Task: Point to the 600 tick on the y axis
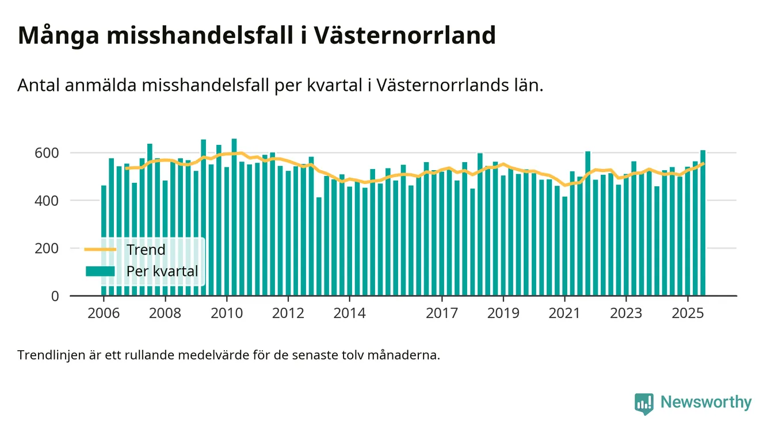[47, 153]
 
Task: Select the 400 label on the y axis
[47, 201]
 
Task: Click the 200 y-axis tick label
[47, 248]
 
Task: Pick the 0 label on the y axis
[55, 296]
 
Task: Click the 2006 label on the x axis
[104, 314]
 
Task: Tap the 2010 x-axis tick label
[227, 314]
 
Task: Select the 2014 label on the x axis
[349, 314]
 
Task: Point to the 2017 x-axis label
[441, 314]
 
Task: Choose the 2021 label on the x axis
[564, 314]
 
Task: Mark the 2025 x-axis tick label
[688, 314]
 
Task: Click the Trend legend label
[146, 250]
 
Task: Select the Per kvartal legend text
[162, 271]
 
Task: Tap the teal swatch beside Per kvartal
[100, 271]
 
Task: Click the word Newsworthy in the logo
[706, 402]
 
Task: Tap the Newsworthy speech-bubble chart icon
[644, 403]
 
